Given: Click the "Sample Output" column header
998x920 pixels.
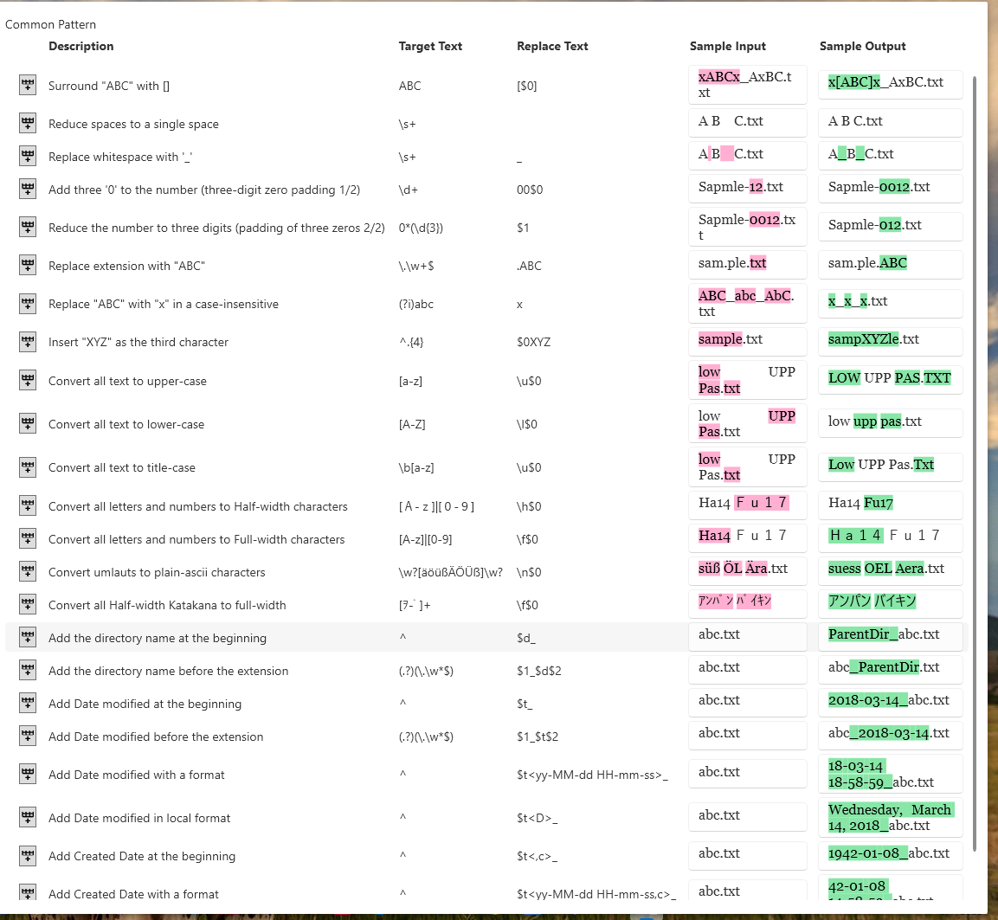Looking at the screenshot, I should click(x=862, y=46).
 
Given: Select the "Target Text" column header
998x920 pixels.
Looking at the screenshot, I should click(x=430, y=46).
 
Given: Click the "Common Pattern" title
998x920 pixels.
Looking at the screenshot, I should click(x=50, y=24).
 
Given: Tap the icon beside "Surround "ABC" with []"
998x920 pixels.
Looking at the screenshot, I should click(x=28, y=85).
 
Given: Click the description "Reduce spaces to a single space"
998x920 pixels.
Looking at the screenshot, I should click(x=133, y=124).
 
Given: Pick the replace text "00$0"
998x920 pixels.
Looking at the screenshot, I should click(x=530, y=190).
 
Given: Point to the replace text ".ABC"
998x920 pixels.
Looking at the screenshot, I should click(x=529, y=266).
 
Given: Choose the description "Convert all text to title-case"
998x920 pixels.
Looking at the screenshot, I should click(x=122, y=467).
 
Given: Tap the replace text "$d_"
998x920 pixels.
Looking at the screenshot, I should click(x=525, y=638).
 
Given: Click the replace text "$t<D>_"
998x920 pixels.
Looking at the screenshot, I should click(x=537, y=818).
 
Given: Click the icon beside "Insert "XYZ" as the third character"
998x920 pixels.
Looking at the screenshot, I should click(x=28, y=342).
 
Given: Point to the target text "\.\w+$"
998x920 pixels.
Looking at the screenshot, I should click(x=416, y=266).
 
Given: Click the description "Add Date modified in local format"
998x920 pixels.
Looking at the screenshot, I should click(x=139, y=818).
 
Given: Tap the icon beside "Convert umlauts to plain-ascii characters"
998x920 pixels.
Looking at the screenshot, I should click(x=28, y=572).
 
